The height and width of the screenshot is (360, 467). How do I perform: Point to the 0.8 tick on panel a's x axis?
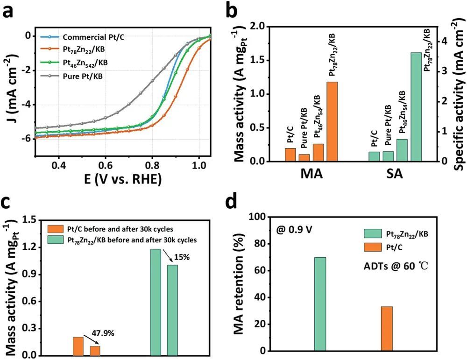(152, 165)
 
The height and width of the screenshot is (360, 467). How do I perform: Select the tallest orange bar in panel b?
(332, 121)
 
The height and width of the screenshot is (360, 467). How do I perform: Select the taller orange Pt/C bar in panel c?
(78, 346)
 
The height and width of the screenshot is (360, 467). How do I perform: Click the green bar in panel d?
(320, 304)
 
